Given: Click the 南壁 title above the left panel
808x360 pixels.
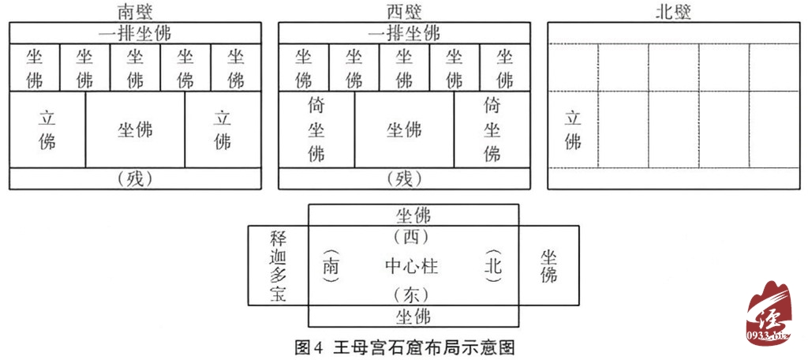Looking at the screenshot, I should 134,11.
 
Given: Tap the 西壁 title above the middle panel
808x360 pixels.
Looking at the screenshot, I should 404,11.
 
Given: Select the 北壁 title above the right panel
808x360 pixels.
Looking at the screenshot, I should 673,11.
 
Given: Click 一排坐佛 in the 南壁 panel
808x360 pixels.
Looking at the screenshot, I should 135,34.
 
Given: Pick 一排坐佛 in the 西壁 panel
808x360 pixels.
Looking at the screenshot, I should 404,34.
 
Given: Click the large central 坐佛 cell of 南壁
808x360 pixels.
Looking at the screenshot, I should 135,130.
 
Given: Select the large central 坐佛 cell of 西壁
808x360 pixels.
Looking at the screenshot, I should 404,130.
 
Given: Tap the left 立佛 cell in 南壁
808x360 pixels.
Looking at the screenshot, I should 47,130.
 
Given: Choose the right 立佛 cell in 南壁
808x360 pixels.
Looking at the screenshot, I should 223,130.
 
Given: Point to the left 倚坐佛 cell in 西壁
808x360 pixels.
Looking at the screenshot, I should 316,129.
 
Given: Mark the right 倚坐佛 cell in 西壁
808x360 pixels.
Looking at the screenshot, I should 492,129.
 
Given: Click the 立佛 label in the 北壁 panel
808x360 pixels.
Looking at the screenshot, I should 573,130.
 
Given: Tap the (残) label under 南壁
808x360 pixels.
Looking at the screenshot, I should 135,179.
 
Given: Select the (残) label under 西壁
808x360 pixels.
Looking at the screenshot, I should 404,179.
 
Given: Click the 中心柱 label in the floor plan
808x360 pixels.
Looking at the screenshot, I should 412,265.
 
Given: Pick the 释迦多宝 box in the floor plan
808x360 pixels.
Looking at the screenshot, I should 277,265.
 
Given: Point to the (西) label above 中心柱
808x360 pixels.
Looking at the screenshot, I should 412,236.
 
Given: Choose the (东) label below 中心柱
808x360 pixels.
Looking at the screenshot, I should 412,295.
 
